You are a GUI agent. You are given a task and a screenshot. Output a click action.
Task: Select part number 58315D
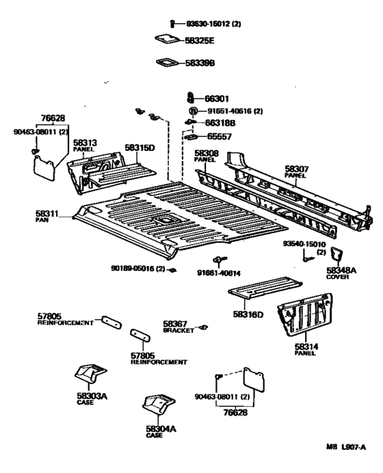[x=140, y=147]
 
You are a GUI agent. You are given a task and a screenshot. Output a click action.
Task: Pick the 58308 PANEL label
[x=206, y=156]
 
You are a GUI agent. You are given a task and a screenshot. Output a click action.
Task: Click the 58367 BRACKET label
[x=179, y=327]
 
